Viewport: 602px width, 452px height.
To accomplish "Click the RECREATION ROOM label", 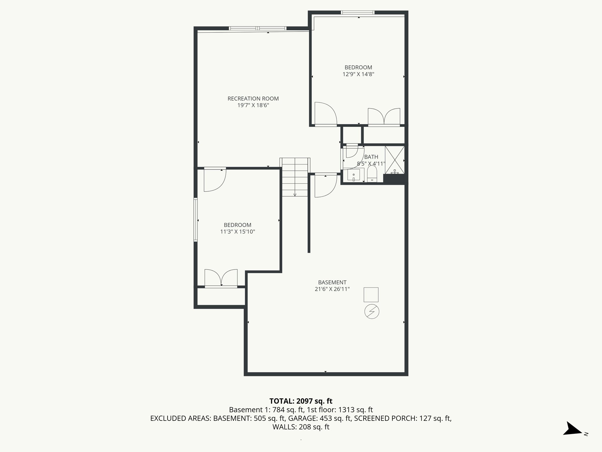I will [253, 99].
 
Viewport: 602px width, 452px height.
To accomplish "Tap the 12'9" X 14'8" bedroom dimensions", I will [358, 74].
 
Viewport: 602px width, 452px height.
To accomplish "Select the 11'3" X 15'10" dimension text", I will [238, 232].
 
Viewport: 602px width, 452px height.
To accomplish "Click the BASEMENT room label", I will [332, 282].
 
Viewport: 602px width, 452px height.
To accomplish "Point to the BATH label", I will [371, 157].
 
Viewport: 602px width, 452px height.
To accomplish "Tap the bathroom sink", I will [353, 175].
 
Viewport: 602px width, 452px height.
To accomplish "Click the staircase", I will [295, 177].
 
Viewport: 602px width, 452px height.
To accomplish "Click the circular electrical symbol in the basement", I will [372, 312].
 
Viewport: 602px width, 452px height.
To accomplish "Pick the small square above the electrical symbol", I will [371, 295].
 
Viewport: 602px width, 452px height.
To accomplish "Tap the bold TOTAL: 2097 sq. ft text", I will [301, 401].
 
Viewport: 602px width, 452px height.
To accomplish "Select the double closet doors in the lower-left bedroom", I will [221, 278].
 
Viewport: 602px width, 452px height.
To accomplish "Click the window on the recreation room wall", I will [257, 28].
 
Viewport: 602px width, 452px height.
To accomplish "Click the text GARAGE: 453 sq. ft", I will [320, 418].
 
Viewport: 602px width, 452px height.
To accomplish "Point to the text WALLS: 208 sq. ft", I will [301, 427].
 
